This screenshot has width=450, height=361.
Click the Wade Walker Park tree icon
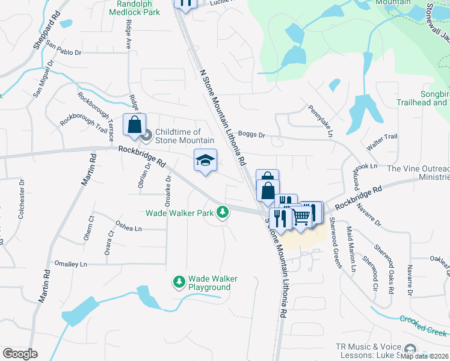pos(223,212)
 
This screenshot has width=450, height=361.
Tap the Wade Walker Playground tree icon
pos(179,281)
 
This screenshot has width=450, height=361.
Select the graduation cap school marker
pos(205,161)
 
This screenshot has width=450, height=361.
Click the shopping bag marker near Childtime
pos(134,125)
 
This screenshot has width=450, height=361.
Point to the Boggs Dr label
pos(251,135)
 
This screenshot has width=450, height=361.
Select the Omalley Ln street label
pos(71,264)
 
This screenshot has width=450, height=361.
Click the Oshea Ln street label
pos(129,228)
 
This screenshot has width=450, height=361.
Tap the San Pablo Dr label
pos(64,52)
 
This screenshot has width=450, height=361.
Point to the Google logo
pos(20,353)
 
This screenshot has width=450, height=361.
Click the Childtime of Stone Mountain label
pos(177,136)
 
